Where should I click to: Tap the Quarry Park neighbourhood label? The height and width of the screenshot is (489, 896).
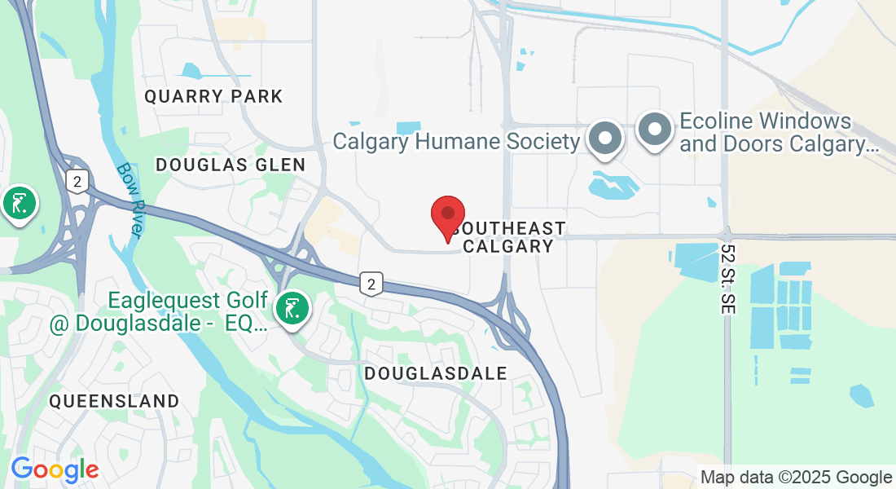tap(213, 97)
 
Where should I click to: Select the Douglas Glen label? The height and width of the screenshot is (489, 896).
tap(231, 165)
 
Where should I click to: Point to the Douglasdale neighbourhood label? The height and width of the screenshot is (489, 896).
tap(436, 373)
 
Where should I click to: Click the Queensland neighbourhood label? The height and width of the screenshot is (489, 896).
tap(114, 401)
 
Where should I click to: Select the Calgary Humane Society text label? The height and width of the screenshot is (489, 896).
tap(456, 141)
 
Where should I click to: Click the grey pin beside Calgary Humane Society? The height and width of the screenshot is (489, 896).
tap(605, 137)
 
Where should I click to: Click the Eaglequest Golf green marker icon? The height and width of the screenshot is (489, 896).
tap(292, 309)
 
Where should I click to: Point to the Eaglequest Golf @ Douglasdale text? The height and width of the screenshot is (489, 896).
tap(159, 313)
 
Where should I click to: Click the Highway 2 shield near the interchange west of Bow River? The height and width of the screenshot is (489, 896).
tap(77, 181)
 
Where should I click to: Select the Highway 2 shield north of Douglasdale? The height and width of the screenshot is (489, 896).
tap(371, 284)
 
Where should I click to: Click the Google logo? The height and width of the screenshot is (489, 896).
tap(55, 469)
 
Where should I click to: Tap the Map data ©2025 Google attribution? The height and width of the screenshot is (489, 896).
tap(796, 478)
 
